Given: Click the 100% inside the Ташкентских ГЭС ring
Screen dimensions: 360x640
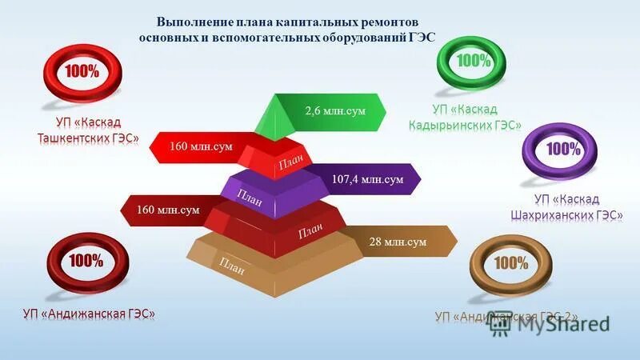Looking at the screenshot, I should (x=82, y=70).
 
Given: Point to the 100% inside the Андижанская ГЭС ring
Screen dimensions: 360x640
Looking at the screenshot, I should (x=85, y=261).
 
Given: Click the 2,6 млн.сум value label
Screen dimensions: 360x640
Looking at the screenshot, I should (x=334, y=110).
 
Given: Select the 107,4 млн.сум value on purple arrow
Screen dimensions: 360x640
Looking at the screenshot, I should (x=367, y=180).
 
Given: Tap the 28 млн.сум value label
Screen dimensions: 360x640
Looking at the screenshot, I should (x=398, y=242).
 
